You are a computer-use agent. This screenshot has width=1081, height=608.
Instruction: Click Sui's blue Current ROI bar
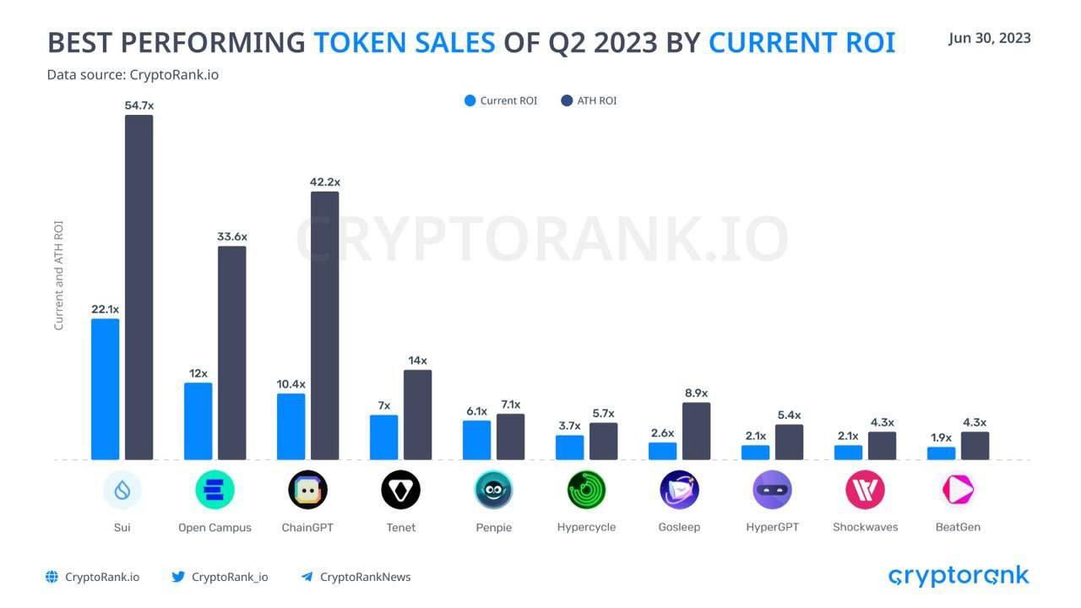[106, 389]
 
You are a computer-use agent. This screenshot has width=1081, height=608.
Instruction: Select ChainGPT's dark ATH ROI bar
[324, 326]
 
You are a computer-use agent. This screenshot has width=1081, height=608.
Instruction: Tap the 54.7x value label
[139, 106]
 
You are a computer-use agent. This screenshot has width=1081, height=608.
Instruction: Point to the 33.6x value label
[232, 236]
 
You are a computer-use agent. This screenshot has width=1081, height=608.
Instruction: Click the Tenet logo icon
[400, 490]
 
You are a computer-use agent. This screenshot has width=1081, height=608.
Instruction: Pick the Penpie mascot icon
[493, 490]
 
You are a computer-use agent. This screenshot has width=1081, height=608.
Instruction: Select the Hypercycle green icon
[586, 490]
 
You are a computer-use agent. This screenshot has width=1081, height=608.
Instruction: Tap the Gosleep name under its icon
[679, 527]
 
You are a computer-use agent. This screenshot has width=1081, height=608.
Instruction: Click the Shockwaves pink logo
[865, 490]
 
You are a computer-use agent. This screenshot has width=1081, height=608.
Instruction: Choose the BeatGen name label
[958, 527]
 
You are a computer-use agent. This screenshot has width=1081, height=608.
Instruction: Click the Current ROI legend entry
[501, 100]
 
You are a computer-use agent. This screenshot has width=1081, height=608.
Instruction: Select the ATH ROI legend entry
[589, 100]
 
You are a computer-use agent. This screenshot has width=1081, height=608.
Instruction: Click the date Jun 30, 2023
[989, 38]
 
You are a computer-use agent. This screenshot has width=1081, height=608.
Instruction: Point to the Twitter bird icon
[178, 577]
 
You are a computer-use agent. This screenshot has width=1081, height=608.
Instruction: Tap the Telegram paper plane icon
[307, 577]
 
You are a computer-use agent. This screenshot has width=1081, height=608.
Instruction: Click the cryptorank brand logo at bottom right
[959, 577]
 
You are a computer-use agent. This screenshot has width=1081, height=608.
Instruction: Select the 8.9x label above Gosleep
[697, 393]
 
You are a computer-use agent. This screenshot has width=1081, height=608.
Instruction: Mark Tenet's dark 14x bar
[417, 415]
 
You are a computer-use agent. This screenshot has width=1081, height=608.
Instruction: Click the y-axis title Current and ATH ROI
[59, 275]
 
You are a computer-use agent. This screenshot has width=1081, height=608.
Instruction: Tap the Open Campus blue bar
[198, 421]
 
